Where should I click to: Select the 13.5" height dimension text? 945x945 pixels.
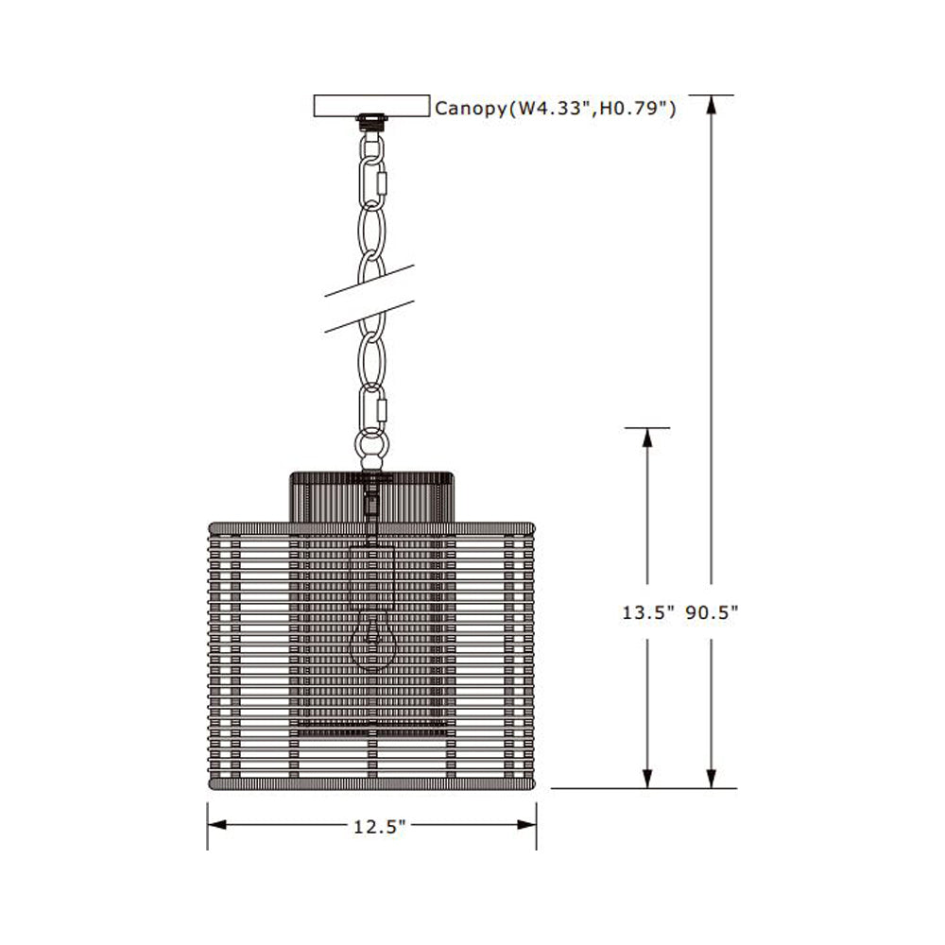(647, 612)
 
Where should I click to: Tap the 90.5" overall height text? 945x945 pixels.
(711, 612)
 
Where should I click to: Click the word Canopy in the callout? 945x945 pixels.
(470, 108)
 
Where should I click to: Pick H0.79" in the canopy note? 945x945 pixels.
(637, 108)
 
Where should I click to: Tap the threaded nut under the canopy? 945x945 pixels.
(370, 121)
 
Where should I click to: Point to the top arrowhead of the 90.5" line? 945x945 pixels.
(711, 105)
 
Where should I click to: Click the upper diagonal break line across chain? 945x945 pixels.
(370, 281)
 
